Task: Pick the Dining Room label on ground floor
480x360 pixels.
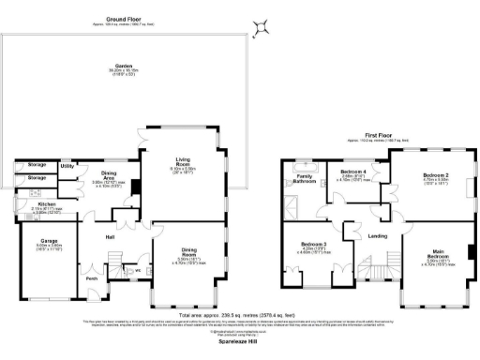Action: [x=190, y=250]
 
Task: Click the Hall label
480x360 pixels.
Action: [x=109, y=237]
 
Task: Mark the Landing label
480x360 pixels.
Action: [x=378, y=235]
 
